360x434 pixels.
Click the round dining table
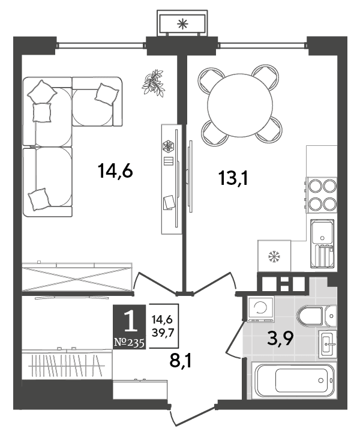tap(240, 105)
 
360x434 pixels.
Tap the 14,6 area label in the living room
tap(115, 170)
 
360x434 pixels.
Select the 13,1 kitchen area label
tap(233, 178)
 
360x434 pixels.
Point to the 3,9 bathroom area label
tap(280, 338)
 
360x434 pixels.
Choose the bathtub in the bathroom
tap(295, 381)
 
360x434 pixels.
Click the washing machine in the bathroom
tap(260, 309)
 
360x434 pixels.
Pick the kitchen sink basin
tap(322, 244)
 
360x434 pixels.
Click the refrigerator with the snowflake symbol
tap(274, 256)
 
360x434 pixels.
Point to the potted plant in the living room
tap(153, 83)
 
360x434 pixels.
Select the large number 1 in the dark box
tap(131, 321)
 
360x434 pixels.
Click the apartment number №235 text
tap(129, 343)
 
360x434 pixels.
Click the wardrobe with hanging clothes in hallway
tap(67, 364)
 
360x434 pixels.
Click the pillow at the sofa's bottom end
tap(39, 199)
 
